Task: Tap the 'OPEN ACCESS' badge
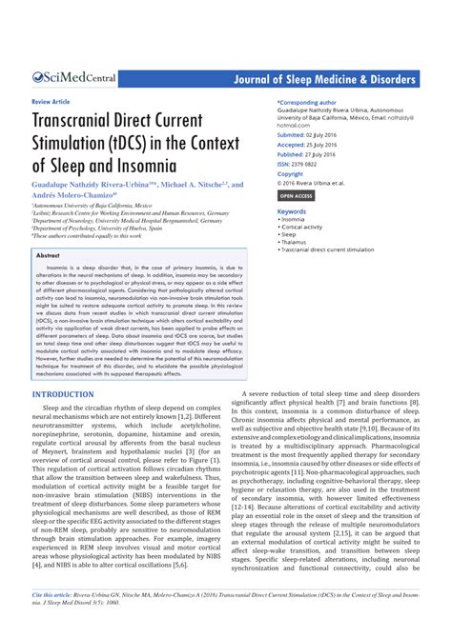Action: [297, 195]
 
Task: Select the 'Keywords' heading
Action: [293, 208]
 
